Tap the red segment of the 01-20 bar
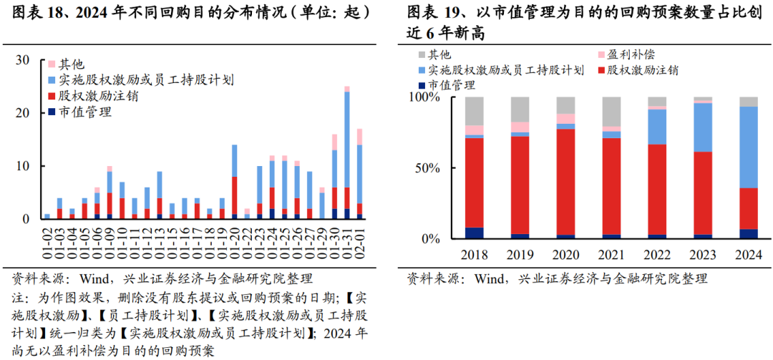tap(234, 195)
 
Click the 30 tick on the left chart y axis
tap(23, 60)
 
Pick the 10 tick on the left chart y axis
tap(23, 166)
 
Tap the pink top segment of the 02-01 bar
tap(359, 137)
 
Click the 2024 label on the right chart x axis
tap(748, 256)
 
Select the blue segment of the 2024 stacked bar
tap(748, 147)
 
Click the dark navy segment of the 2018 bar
tap(474, 233)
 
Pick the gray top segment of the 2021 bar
tap(611, 112)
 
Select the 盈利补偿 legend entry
tap(630, 54)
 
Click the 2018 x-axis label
tap(474, 256)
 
